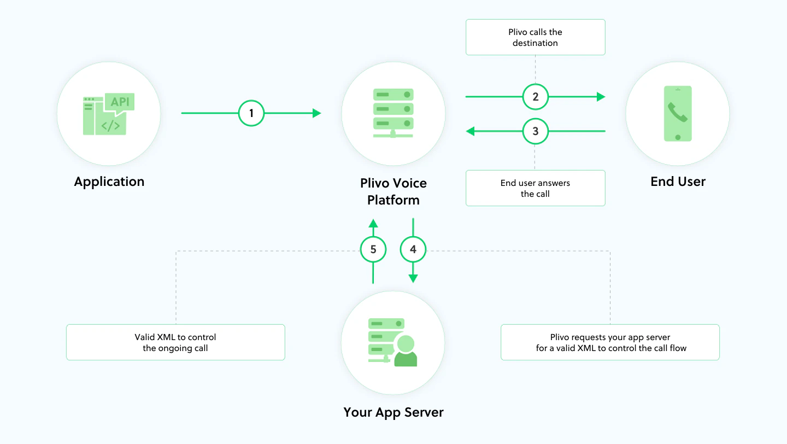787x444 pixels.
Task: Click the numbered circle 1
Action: coord(251,113)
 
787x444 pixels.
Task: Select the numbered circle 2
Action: coord(536,97)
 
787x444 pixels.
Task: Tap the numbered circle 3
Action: coord(536,131)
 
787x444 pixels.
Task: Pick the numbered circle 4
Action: coord(413,249)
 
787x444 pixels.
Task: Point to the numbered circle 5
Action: coord(373,249)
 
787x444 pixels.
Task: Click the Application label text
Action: coord(109,182)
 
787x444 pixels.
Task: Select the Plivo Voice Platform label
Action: coord(393,191)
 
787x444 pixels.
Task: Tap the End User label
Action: coord(678,182)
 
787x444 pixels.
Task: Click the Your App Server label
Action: coord(393,412)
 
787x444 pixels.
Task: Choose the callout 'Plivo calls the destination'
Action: coord(536,37)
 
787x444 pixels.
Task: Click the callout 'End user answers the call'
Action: coord(536,188)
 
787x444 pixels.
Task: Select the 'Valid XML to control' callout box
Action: coord(175,342)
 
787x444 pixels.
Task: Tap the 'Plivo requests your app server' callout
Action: coord(610,342)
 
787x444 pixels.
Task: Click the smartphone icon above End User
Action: coord(678,113)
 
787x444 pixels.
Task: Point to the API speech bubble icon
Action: coord(119,102)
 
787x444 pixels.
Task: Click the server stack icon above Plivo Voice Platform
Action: coord(393,112)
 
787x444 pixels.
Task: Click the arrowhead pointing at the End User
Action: coord(601,97)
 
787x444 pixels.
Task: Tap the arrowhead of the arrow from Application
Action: coord(317,113)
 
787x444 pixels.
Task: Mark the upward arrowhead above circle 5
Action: coord(373,223)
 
